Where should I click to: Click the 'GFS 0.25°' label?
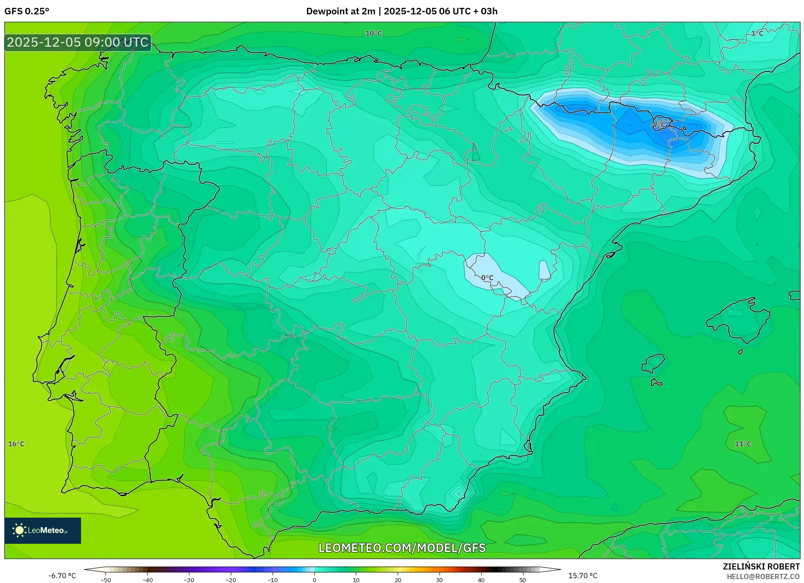[x=27, y=11]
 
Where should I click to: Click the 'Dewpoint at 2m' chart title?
[x=340, y=11]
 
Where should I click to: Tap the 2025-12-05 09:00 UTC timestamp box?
[x=78, y=42]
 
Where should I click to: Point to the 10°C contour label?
[x=373, y=34]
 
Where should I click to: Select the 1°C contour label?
[x=757, y=34]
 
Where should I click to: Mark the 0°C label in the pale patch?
[x=487, y=278]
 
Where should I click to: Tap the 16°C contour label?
[x=17, y=444]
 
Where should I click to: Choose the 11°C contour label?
[x=743, y=444]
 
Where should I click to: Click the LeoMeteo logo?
[x=42, y=530]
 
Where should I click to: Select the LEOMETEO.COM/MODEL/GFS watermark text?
[x=402, y=548]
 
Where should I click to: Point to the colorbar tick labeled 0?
[x=314, y=580]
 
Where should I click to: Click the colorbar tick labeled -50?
[x=106, y=580]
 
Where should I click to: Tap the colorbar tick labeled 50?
[x=523, y=580]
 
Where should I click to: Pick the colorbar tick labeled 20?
[x=398, y=580]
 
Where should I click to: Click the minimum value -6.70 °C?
[x=62, y=576]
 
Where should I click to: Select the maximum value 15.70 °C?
[x=583, y=576]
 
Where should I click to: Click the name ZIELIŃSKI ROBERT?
[x=761, y=566]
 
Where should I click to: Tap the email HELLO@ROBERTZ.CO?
[x=763, y=576]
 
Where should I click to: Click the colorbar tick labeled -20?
[x=231, y=580]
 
